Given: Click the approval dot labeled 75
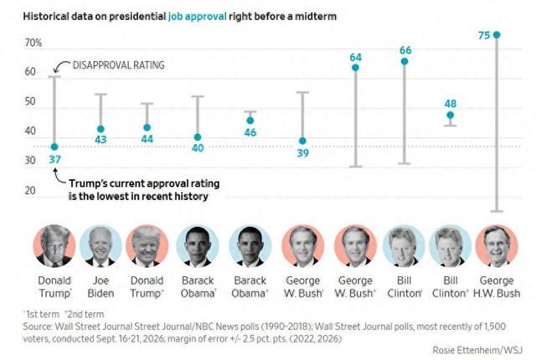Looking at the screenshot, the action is tap(497, 35).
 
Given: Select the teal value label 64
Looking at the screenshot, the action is tap(355, 58).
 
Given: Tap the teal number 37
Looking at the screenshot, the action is tap(54, 160).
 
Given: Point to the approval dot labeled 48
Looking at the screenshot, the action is tap(451, 115).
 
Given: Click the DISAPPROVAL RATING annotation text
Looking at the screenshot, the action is tap(119, 65).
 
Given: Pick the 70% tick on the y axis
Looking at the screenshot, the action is tap(33, 43).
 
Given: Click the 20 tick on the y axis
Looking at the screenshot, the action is tap(30, 191).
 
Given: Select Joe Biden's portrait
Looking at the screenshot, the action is tap(100, 245).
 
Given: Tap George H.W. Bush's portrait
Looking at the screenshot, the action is tap(497, 245).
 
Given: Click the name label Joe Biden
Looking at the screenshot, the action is tap(100, 287).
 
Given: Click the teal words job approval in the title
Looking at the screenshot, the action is tap(198, 17).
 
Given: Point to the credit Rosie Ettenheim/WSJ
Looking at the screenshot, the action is tap(477, 350).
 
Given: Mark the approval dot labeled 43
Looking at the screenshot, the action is tap(100, 129).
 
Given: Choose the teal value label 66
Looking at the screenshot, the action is tap(405, 50).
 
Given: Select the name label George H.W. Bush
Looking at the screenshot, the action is tap(497, 287).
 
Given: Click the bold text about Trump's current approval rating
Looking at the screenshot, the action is tap(144, 190).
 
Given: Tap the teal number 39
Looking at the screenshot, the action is tap(303, 153).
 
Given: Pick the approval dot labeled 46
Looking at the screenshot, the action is tap(250, 121).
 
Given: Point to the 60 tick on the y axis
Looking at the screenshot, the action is tap(30, 72).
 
